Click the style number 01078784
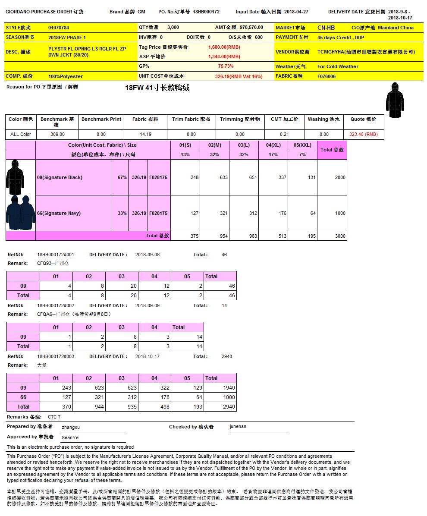coord(58,28)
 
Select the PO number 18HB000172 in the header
coord(206,12)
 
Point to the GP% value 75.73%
coord(226,66)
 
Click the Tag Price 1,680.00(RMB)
coord(224,47)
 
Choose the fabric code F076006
coord(327,76)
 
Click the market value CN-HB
coord(326,28)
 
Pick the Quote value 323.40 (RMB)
coord(363,134)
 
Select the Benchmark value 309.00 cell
coord(57,134)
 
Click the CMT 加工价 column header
coord(284,119)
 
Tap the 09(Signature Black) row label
coord(60,177)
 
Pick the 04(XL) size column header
coord(273,145)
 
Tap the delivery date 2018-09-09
coord(148,305)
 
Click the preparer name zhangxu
coord(71,427)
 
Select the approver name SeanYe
coord(70,437)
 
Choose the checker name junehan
coord(238,427)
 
